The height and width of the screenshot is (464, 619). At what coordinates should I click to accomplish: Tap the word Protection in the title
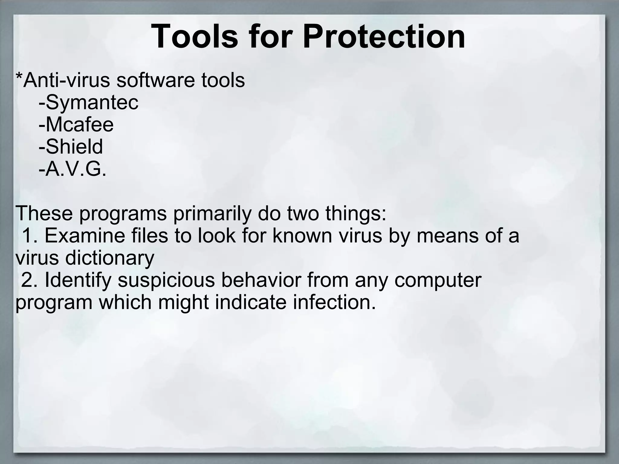tap(384, 37)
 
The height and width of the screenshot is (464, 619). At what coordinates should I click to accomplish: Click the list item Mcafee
tap(79, 125)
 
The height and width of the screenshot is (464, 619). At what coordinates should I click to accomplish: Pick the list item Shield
tap(74, 147)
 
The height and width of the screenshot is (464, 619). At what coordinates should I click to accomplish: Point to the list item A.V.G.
tap(76, 169)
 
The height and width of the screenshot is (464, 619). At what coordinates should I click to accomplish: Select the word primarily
tap(212, 214)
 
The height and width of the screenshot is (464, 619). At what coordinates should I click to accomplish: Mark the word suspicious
tap(166, 280)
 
